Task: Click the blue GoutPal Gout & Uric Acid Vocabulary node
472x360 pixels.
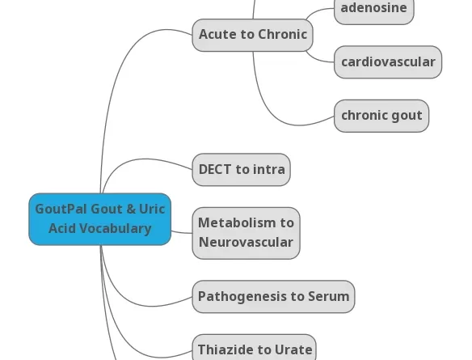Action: tap(99, 218)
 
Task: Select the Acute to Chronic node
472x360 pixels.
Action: tap(252, 35)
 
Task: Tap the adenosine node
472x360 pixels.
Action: tap(373, 8)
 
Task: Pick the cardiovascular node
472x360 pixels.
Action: tap(388, 62)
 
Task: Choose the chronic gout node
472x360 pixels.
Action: tap(381, 116)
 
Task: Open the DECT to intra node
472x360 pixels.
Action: tap(241, 170)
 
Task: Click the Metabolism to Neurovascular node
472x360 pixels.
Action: tap(246, 233)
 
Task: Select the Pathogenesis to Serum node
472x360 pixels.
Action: tap(273, 297)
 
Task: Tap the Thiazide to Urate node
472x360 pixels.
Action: tap(254, 349)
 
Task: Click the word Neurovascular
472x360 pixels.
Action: tap(246, 243)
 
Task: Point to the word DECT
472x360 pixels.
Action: tap(215, 170)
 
